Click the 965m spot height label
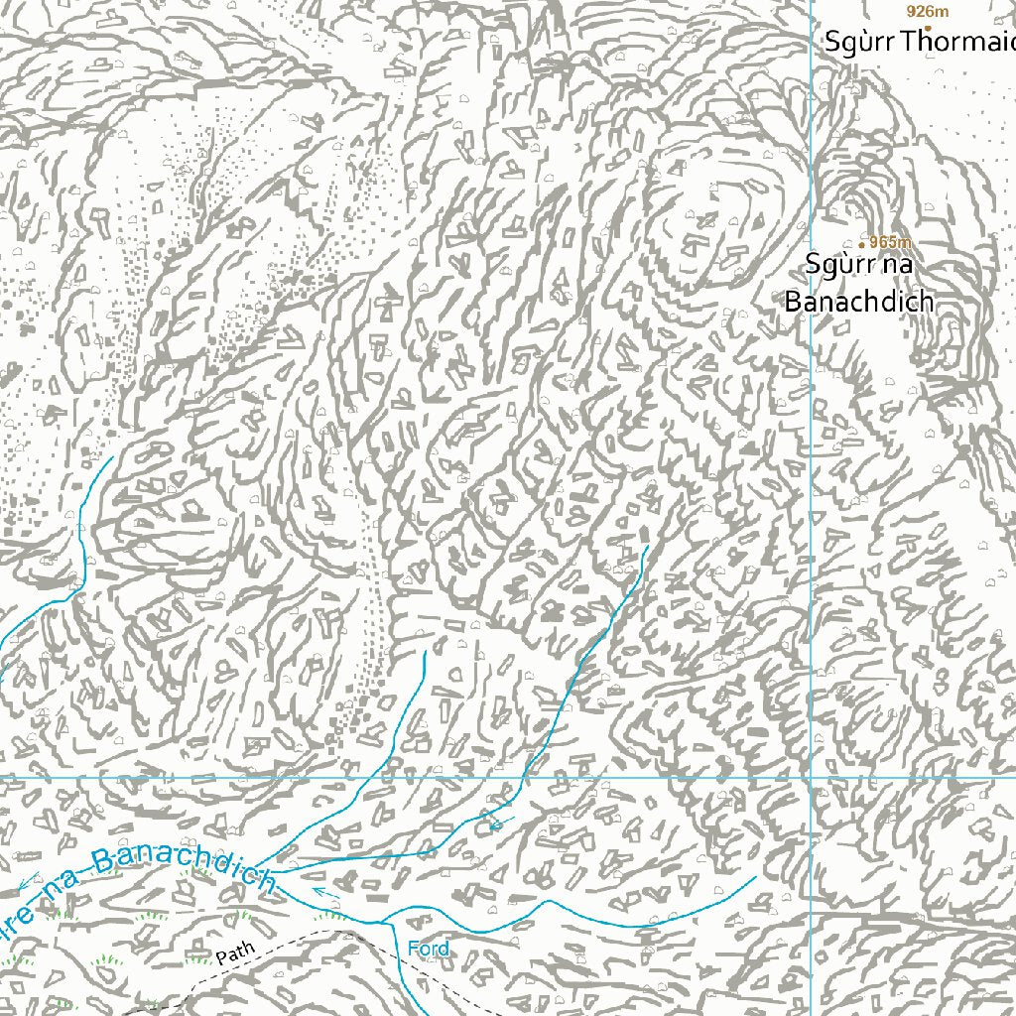891,242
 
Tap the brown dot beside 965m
861,243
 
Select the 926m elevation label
928,11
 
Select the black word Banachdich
858,302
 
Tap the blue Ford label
428,949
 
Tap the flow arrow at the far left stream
27,879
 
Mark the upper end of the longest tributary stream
647,545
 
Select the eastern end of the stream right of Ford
756,876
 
